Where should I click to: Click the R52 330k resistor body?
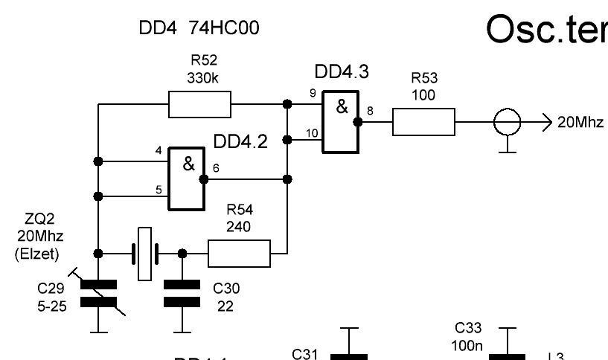(200, 105)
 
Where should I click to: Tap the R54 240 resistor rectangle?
(239, 253)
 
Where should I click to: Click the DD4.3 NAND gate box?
(340, 122)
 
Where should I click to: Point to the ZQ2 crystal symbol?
(144, 254)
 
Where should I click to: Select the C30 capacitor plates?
(182, 292)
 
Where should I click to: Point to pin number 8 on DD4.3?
(371, 112)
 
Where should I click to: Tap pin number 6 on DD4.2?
(216, 169)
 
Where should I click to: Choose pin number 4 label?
(158, 150)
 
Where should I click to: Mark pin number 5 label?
(158, 190)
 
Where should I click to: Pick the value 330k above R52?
(199, 77)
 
